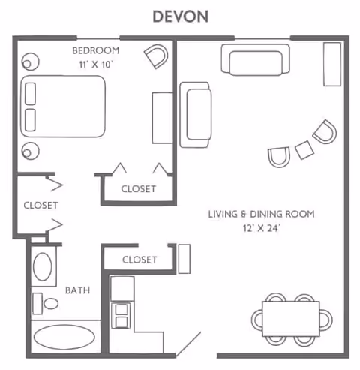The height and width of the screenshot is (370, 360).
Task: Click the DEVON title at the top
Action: click(x=180, y=16)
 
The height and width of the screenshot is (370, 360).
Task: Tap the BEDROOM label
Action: click(x=96, y=50)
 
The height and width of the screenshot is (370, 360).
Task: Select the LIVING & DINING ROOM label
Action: click(x=261, y=215)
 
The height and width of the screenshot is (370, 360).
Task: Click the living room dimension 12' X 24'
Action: click(x=261, y=228)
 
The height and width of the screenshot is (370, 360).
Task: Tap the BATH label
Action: click(x=77, y=290)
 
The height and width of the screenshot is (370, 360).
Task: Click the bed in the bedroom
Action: click(x=64, y=106)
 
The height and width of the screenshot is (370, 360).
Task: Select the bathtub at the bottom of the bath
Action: click(x=64, y=338)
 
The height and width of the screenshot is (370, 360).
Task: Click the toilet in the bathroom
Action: click(x=49, y=302)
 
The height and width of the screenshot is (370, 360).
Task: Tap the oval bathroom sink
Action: click(x=43, y=266)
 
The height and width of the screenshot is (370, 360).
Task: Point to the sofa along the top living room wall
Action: click(x=255, y=59)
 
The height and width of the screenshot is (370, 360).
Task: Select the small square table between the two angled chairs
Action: click(x=304, y=149)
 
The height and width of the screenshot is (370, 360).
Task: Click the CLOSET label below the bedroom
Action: click(x=139, y=189)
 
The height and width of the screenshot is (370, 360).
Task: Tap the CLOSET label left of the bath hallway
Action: click(x=40, y=205)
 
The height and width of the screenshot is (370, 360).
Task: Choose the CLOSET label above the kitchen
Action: click(x=139, y=260)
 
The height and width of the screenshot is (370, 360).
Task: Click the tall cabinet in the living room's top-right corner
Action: click(x=331, y=64)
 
